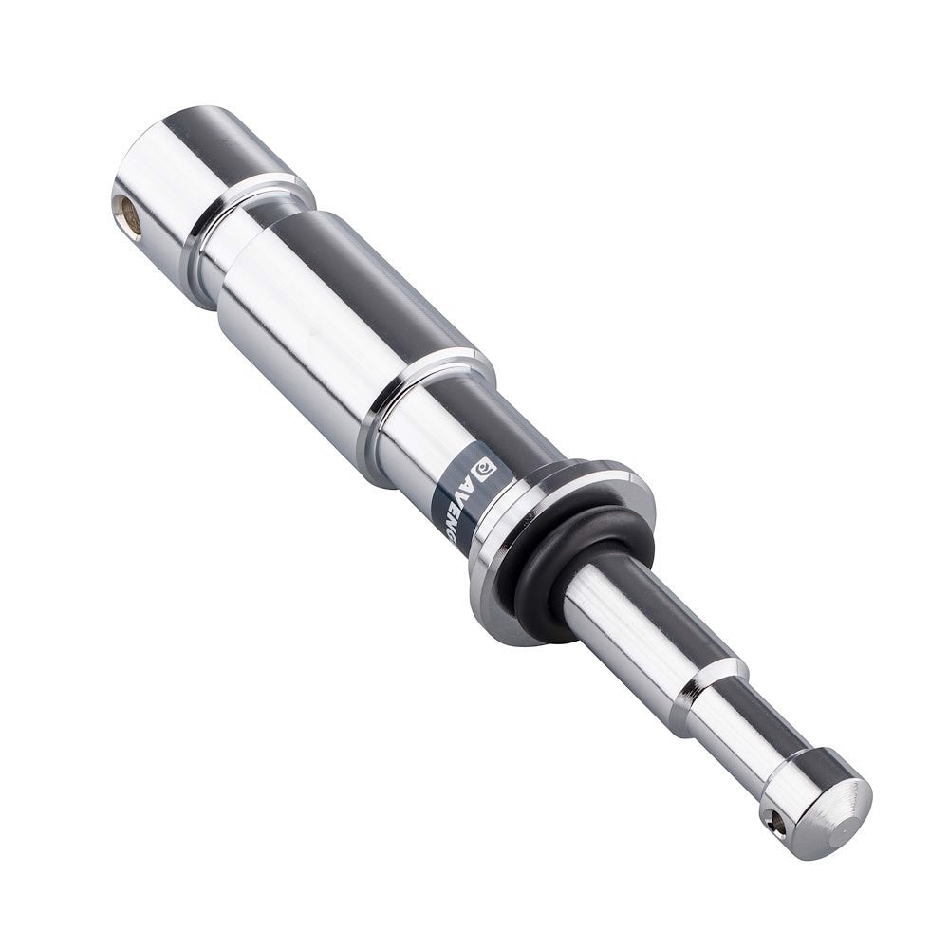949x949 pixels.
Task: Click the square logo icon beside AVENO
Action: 484,467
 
